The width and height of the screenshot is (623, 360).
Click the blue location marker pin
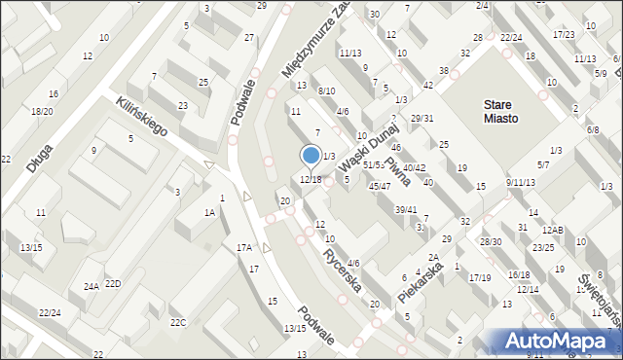tap(311, 156)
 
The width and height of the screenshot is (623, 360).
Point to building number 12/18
tap(311, 179)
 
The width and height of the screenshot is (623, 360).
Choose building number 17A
tap(244, 248)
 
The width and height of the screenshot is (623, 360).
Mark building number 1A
tap(208, 212)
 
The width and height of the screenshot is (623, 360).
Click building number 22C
tap(178, 322)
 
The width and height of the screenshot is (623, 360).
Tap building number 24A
tap(92, 286)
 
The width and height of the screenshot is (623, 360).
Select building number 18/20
tap(42, 112)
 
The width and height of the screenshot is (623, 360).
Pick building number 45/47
tap(380, 186)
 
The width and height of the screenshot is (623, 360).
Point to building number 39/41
tap(406, 210)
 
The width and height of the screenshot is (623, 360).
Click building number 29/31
tap(421, 118)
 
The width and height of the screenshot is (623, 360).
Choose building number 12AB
tap(553, 230)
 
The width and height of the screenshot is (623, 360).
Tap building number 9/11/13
tap(521, 182)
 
